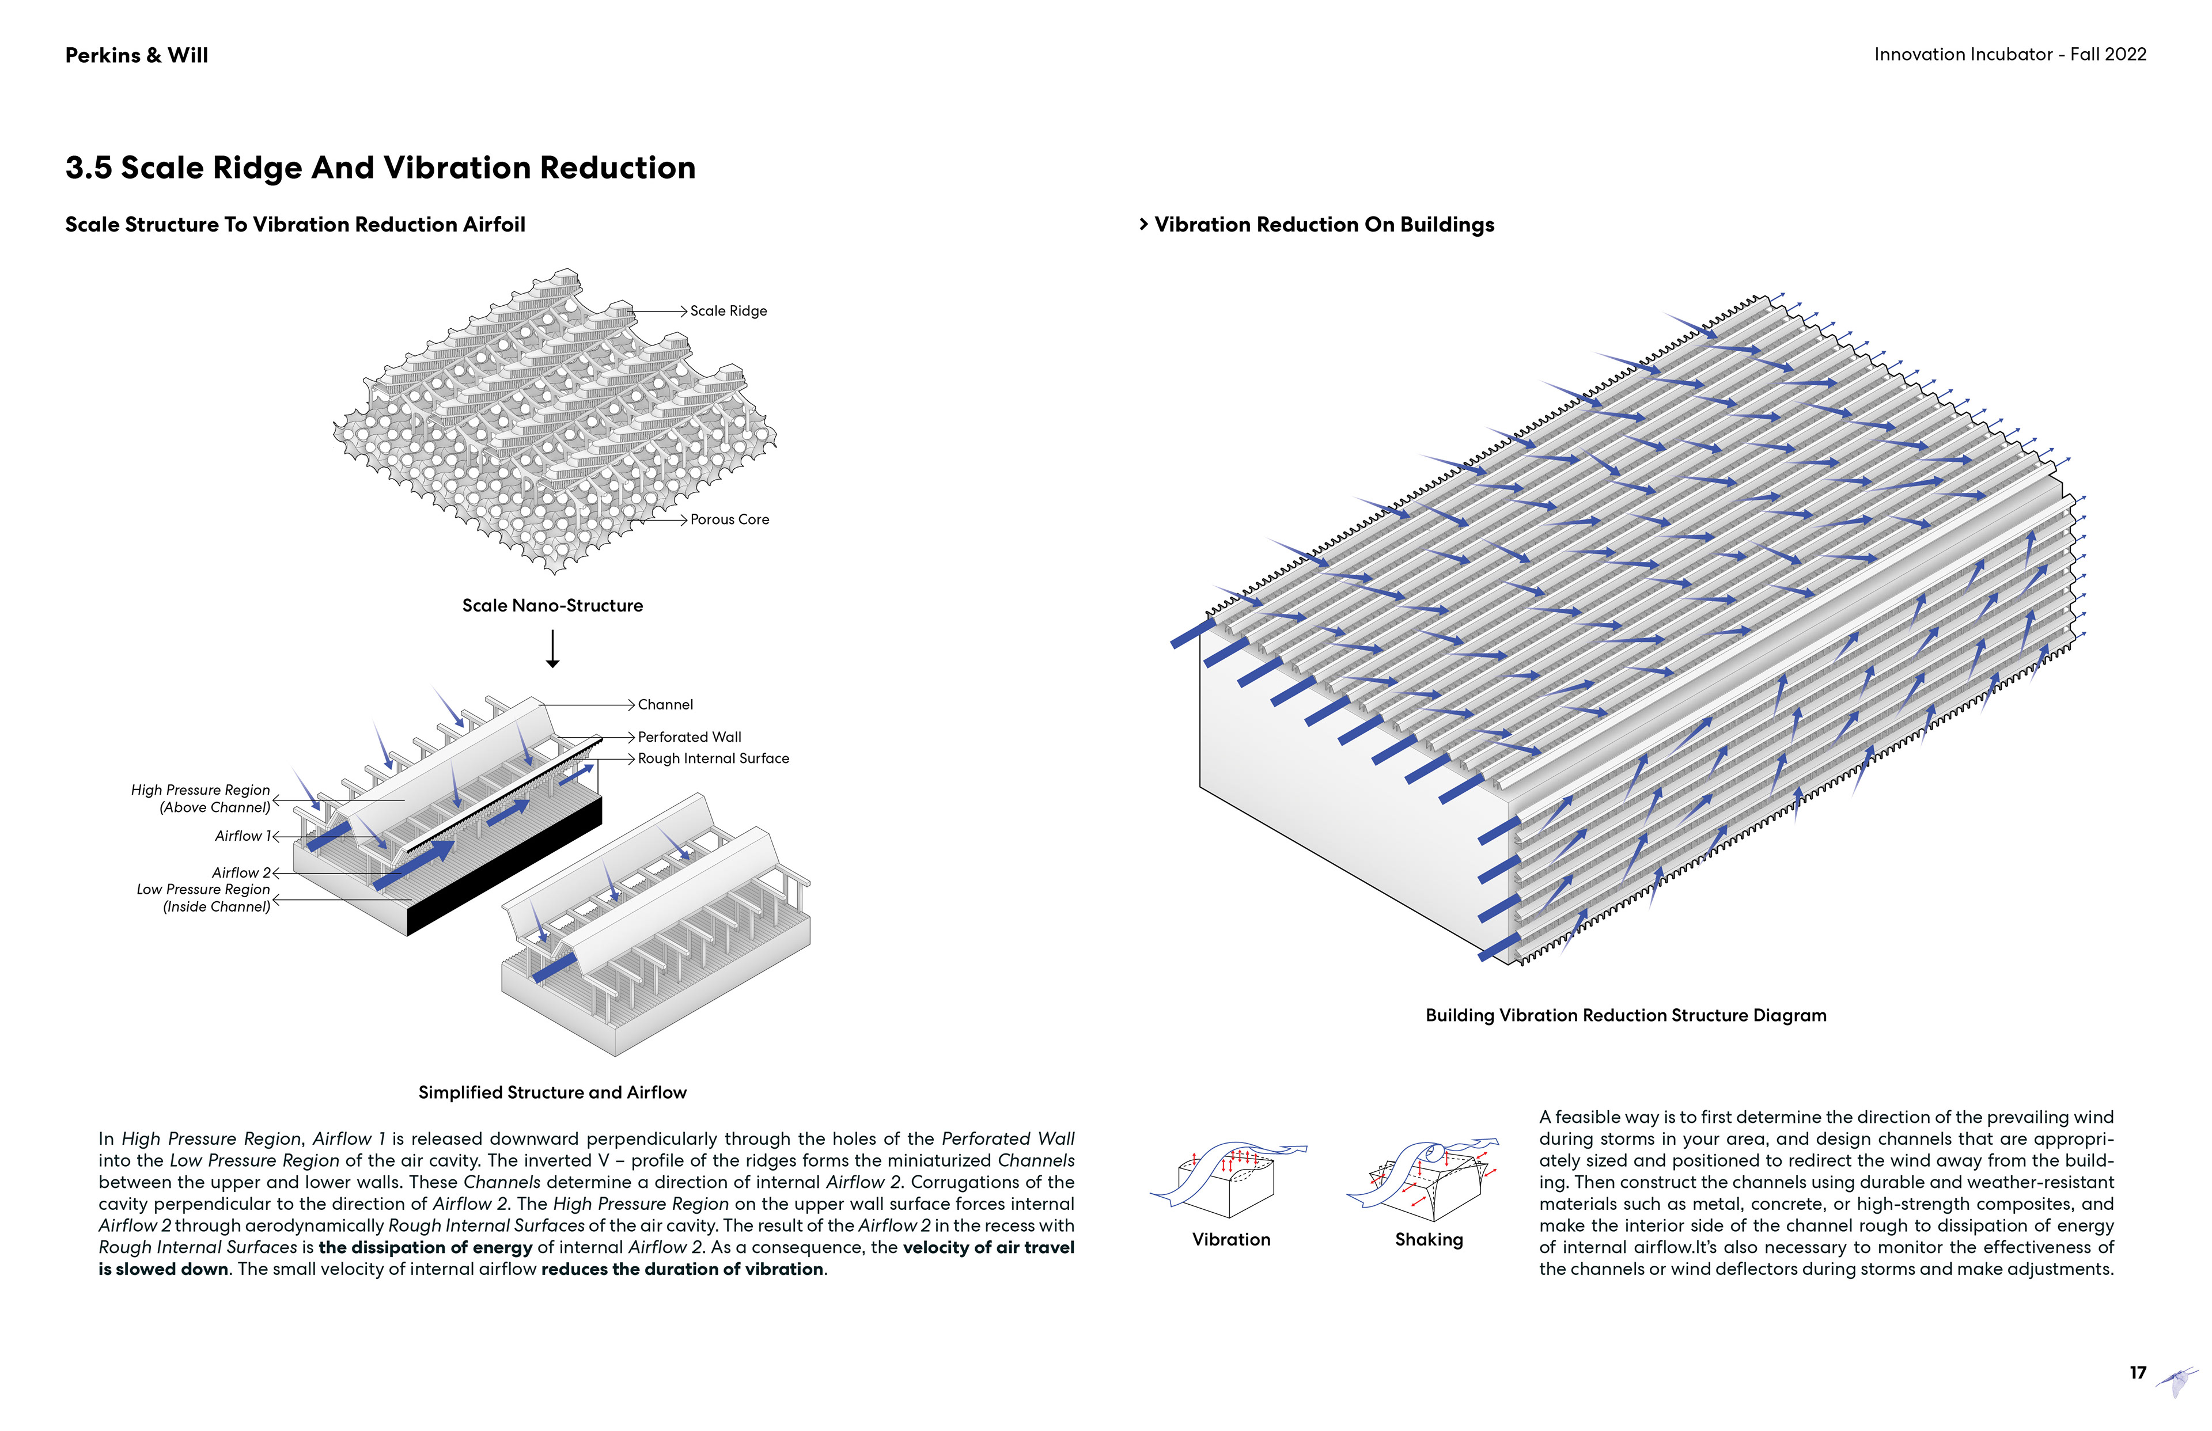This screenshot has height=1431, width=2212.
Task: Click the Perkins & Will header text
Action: [x=137, y=56]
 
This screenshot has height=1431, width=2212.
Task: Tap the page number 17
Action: [x=2138, y=1372]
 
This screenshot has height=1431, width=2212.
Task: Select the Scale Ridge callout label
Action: [x=729, y=312]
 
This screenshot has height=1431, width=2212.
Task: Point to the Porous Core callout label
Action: [x=730, y=519]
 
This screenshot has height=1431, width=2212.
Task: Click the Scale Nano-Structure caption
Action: [x=552, y=606]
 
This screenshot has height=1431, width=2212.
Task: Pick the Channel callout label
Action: [x=665, y=704]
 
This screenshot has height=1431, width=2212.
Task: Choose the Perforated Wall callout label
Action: [x=690, y=737]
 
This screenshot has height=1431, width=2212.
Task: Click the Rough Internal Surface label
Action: [x=713, y=758]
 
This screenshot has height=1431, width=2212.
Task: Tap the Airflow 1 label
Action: [x=241, y=836]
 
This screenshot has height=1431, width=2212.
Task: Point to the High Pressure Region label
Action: [x=202, y=798]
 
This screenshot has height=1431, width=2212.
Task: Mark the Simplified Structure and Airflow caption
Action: [x=552, y=1093]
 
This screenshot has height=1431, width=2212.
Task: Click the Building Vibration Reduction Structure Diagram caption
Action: [x=1626, y=1016]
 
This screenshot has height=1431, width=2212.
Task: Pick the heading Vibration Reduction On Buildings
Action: [x=1324, y=225]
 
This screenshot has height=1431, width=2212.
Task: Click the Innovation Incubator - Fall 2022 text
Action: [x=2009, y=55]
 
